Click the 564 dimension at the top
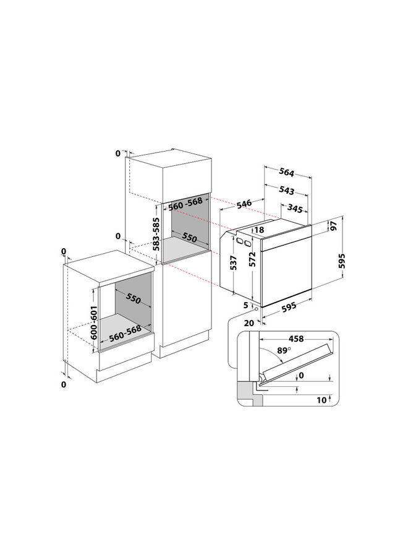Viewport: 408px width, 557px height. [x=286, y=172]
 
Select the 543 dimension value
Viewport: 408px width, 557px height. [x=286, y=191]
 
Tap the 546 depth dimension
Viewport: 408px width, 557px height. [x=244, y=204]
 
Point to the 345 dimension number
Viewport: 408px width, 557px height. [x=295, y=208]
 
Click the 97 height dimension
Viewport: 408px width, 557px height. [x=334, y=226]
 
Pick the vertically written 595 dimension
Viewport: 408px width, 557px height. [x=341, y=261]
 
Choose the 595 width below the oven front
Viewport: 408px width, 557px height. [x=289, y=306]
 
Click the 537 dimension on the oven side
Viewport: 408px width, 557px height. [x=233, y=263]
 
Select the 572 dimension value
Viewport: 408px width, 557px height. [x=252, y=259]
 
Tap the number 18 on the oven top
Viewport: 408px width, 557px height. [x=260, y=230]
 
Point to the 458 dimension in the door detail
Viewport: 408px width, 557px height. [x=296, y=339]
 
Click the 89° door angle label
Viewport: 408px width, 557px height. [x=284, y=351]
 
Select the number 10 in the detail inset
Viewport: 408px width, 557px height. [x=321, y=400]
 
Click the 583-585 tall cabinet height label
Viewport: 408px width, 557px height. [x=156, y=234]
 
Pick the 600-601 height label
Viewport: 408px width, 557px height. [x=93, y=322]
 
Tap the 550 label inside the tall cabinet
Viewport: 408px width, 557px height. [x=189, y=237]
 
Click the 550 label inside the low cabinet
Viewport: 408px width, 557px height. [x=133, y=299]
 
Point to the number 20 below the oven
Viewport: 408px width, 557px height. [x=249, y=323]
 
